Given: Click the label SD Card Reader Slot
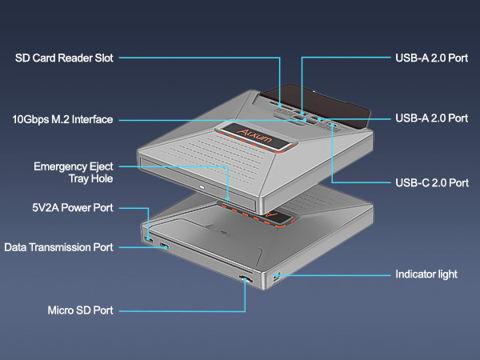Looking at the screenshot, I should point(65,58).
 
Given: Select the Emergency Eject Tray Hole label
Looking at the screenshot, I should point(73,173).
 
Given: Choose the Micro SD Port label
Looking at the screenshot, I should point(80,310).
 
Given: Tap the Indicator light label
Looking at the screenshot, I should point(426,274).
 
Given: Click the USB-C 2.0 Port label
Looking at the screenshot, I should point(432,182).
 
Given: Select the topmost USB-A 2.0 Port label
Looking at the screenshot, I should point(432,58).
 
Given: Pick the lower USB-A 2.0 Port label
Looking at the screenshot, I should point(432,118).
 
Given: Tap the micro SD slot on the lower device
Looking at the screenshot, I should point(243,279).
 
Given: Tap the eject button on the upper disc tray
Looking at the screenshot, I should point(202,189).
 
